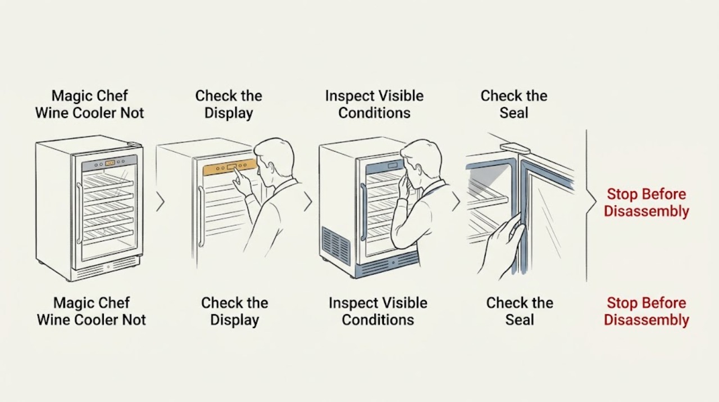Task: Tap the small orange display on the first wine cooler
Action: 110,163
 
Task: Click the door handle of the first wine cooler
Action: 79,213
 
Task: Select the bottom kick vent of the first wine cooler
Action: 107,268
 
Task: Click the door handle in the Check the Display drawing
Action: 201,216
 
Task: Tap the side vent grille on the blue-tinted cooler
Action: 336,246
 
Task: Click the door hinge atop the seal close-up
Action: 514,148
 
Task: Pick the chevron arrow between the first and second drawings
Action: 160,202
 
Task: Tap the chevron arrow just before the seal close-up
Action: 456,202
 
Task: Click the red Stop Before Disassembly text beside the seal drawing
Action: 647,203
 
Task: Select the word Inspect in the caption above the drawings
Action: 347,96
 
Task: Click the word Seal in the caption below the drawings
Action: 520,320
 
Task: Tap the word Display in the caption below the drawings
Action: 235,320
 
